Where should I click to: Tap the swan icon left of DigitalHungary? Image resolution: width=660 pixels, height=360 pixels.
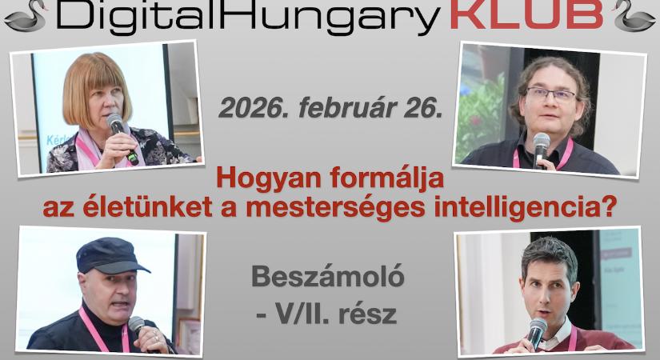click(x=25, y=15)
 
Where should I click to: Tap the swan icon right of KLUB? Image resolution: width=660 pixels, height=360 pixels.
click(x=634, y=15)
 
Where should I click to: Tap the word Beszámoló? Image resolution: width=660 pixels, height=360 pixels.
click(x=328, y=277)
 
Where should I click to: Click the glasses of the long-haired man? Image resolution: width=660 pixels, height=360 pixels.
click(x=550, y=94)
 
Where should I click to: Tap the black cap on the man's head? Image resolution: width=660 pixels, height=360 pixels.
click(x=112, y=255)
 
